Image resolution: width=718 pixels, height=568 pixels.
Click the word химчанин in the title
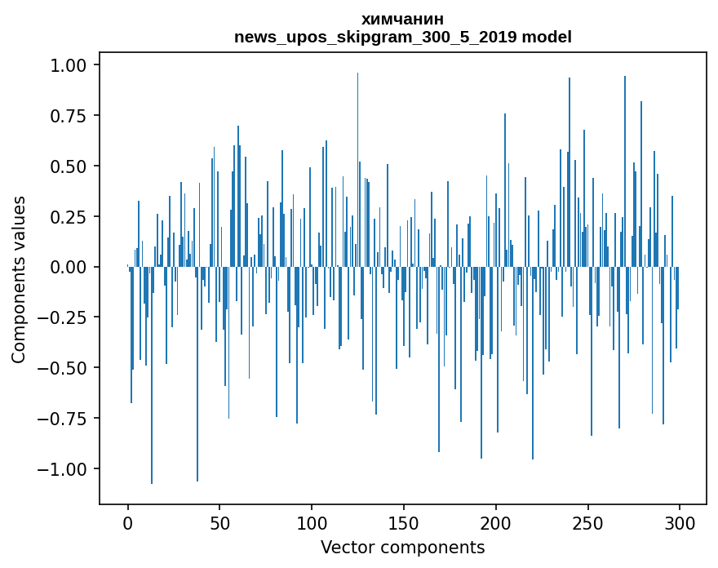click(402, 20)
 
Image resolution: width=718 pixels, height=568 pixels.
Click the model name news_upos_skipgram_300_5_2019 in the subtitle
click(376, 38)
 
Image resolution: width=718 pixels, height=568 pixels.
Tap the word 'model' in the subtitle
click(547, 38)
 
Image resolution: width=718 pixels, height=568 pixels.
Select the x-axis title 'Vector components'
click(402, 548)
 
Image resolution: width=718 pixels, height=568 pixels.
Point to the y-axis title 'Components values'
click(18, 279)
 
